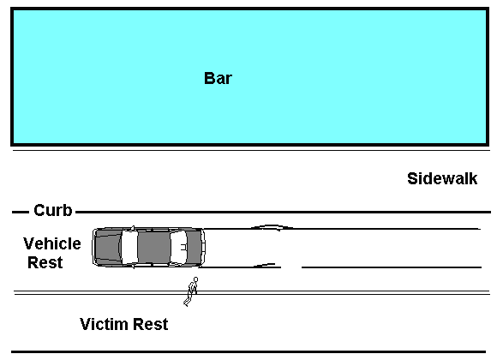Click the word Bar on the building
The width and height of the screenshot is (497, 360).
pos(218,78)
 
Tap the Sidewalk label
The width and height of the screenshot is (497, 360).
pos(442,178)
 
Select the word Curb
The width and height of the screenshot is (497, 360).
pos(53,210)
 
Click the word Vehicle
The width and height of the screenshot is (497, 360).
pos(52,243)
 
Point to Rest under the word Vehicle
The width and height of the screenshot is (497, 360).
pos(45,262)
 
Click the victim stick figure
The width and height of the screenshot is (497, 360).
pos(191,291)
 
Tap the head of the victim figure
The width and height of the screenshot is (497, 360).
pos(195,279)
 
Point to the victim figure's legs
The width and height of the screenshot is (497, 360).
pos(188,299)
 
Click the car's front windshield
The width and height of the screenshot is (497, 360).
pos(130,247)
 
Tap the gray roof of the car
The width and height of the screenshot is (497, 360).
pos(154,247)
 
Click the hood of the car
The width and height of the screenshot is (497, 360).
pos(108,247)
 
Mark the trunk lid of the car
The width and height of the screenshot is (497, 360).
pos(195,247)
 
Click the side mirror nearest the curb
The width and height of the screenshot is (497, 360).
pos(133,228)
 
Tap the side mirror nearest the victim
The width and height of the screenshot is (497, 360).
pos(133,266)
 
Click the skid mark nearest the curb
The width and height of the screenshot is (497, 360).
pos(342,228)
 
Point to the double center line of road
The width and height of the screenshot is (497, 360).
pos(252,292)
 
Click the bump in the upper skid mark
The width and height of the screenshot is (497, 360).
pos(272,225)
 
